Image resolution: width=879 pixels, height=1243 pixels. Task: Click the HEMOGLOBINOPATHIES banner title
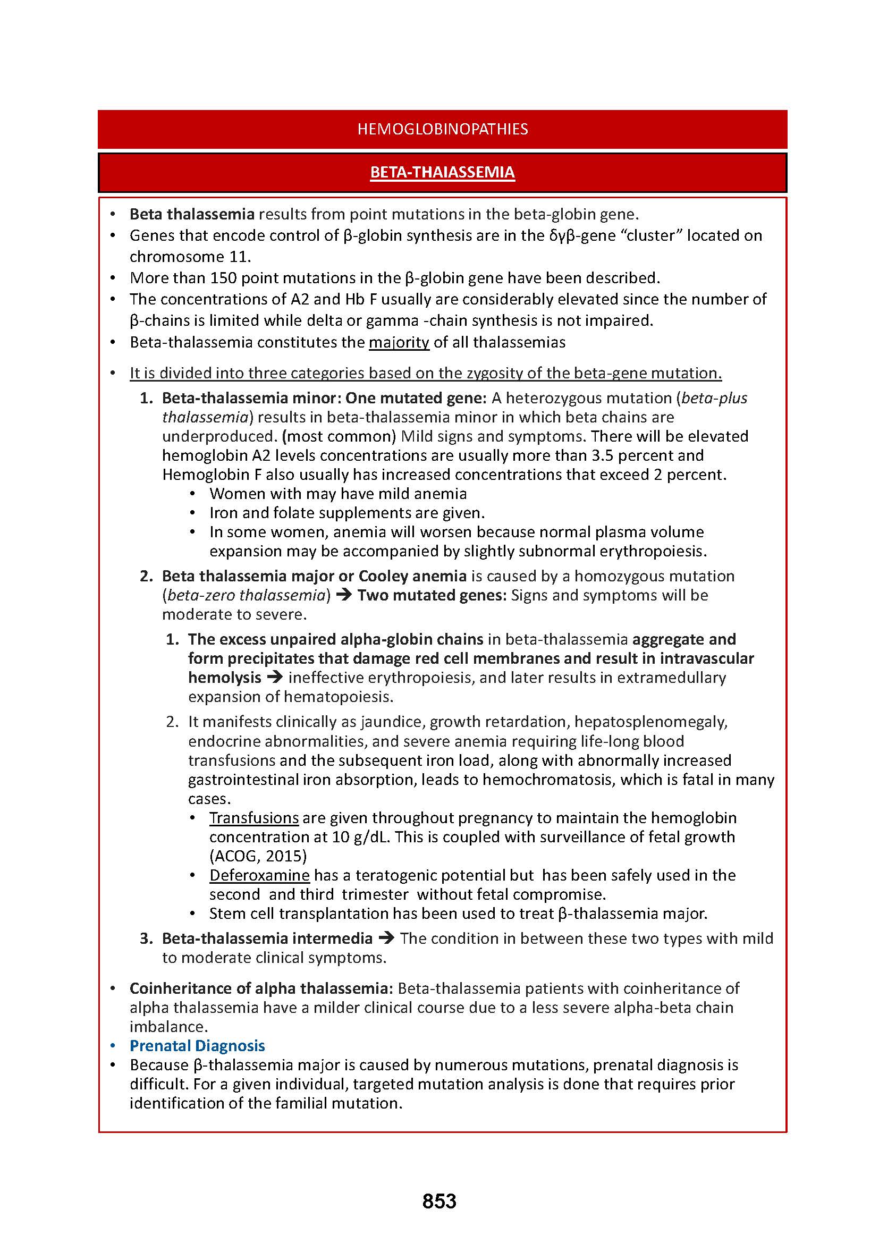point(442,129)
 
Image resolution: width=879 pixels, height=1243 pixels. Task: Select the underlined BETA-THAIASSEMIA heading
point(442,172)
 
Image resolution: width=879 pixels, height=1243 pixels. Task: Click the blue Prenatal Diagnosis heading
point(197,1045)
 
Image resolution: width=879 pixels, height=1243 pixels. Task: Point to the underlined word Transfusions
point(254,817)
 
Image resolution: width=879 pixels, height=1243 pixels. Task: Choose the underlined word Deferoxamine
point(259,875)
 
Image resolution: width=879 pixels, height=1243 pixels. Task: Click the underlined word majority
point(399,342)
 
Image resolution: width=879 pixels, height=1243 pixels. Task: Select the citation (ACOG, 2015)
point(258,856)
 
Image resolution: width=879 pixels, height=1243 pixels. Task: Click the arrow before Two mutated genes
point(344,595)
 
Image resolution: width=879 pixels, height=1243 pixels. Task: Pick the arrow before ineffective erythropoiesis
point(274,677)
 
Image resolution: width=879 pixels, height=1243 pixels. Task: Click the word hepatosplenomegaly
point(650,722)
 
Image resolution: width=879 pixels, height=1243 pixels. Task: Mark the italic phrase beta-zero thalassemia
point(246,595)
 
